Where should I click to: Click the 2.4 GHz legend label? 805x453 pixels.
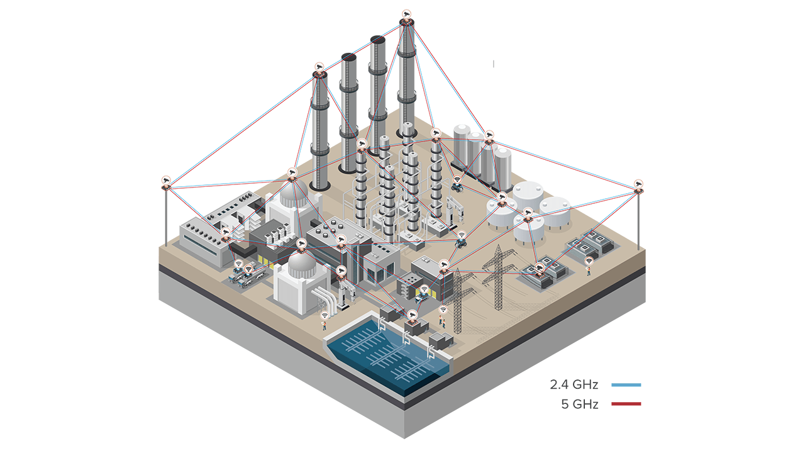[x=573, y=384]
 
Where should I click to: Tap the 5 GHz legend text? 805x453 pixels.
[x=579, y=404]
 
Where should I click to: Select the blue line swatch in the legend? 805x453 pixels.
[x=626, y=384]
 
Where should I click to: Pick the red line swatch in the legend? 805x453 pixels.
[x=626, y=404]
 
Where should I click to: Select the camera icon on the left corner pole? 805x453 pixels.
[x=167, y=180]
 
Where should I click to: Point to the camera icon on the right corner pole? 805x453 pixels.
[x=640, y=183]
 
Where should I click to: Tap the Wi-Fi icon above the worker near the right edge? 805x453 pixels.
[x=589, y=261]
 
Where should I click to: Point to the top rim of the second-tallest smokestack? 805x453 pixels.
[x=377, y=40]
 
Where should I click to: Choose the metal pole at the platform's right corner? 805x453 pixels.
[x=639, y=220]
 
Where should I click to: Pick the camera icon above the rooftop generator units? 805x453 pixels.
[x=540, y=267]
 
